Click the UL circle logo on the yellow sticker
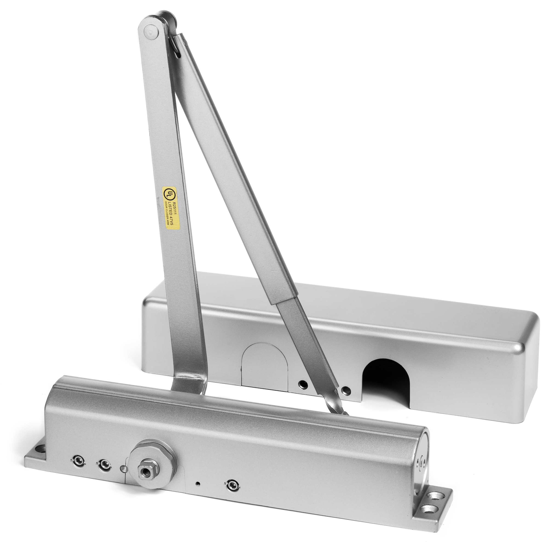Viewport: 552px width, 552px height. pos(169,194)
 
